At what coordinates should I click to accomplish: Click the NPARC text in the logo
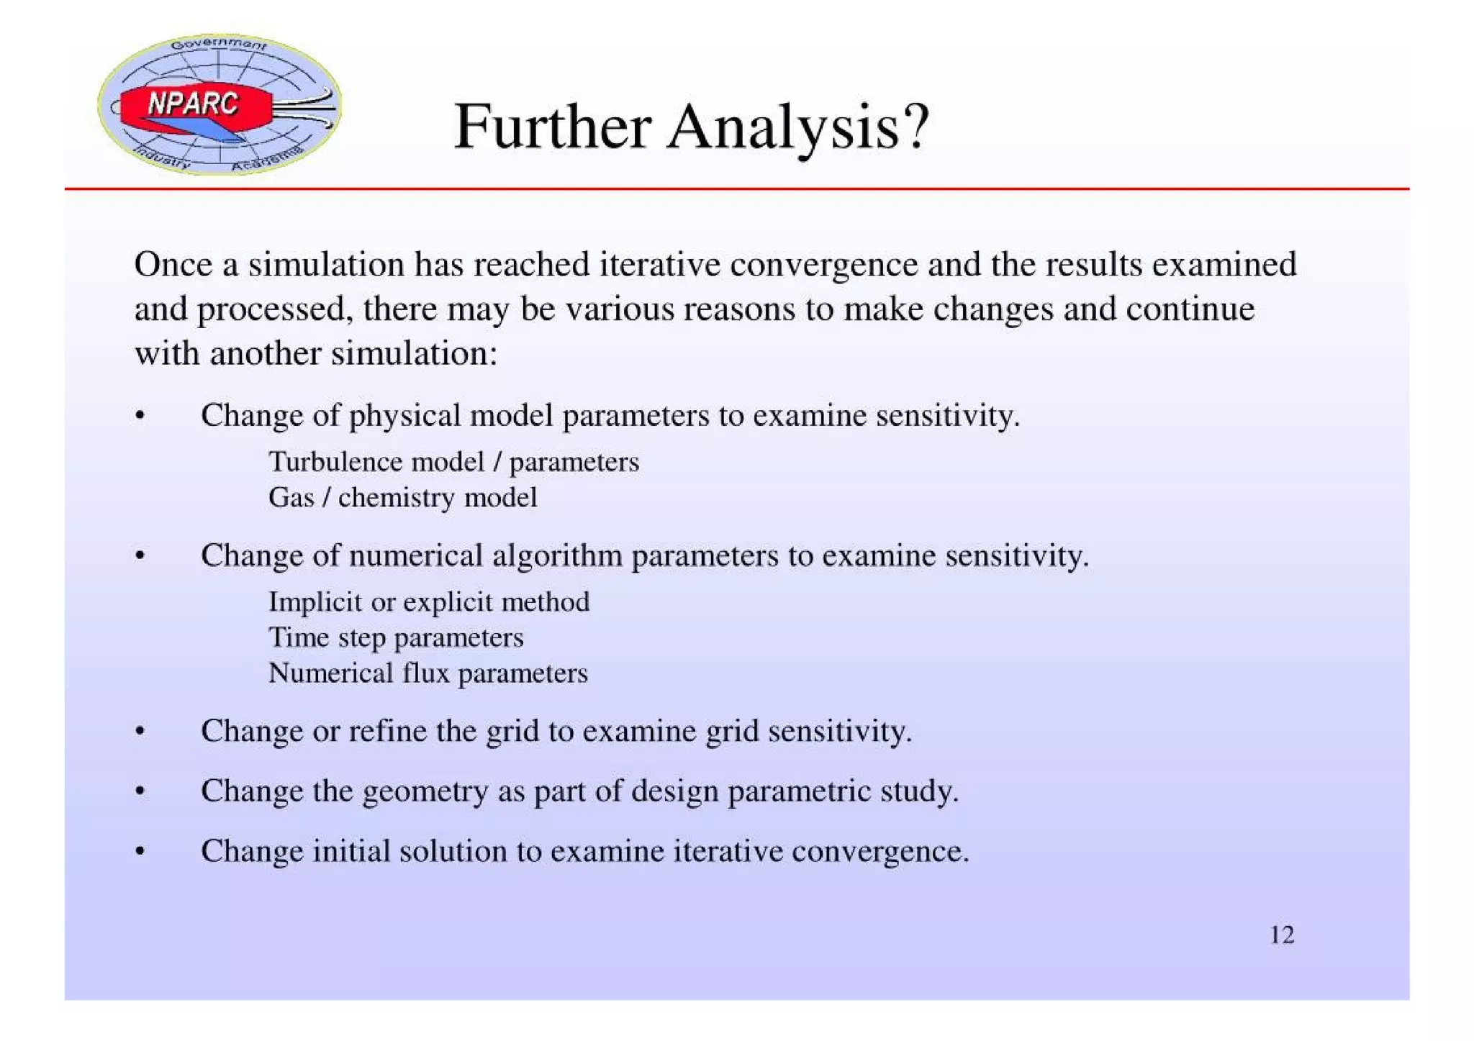(192, 104)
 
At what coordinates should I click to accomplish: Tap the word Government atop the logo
(219, 44)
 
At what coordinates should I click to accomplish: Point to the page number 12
(1282, 935)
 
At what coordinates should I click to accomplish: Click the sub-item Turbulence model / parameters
(453, 462)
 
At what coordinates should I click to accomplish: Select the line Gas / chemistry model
(402, 497)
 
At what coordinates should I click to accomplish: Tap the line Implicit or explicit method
(429, 601)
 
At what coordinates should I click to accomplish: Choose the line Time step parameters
(396, 637)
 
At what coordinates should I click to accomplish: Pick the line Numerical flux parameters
(428, 673)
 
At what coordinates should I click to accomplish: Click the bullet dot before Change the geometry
(140, 792)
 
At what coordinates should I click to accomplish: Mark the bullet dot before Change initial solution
(140, 852)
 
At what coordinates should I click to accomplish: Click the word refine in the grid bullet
(387, 731)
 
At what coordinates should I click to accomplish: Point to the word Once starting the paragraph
(173, 264)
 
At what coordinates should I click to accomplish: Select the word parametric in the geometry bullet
(799, 791)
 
